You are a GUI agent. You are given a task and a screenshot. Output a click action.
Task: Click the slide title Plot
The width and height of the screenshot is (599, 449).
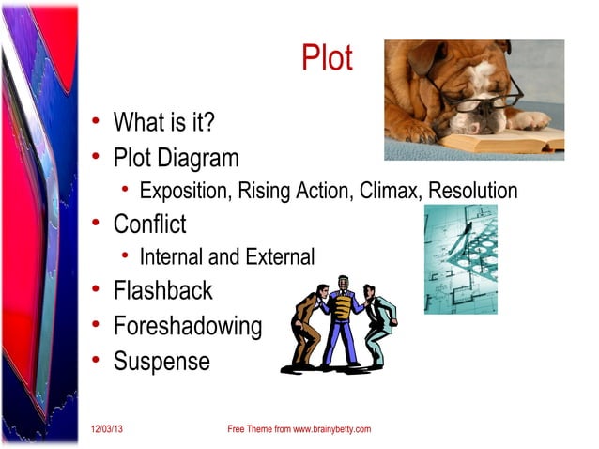[x=326, y=59]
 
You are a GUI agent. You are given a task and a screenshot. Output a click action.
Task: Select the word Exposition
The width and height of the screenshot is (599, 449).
[x=183, y=192]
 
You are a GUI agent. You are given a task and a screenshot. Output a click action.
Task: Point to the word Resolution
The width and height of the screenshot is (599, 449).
[x=472, y=192]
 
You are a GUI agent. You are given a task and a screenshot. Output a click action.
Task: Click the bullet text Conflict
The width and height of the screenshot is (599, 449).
[x=149, y=225]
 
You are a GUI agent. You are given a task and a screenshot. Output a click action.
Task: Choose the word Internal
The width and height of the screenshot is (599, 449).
[x=170, y=256]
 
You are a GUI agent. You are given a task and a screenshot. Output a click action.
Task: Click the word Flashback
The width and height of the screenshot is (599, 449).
[x=162, y=291]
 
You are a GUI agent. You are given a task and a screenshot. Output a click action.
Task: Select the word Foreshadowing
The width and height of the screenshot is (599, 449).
[x=187, y=327]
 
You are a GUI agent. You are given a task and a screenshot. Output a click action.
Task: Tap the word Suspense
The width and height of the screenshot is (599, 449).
[x=161, y=362]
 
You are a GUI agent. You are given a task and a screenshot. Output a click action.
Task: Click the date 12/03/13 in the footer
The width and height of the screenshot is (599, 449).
[x=107, y=429]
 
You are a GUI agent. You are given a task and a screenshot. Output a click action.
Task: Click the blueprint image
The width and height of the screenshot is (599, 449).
[x=461, y=258]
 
